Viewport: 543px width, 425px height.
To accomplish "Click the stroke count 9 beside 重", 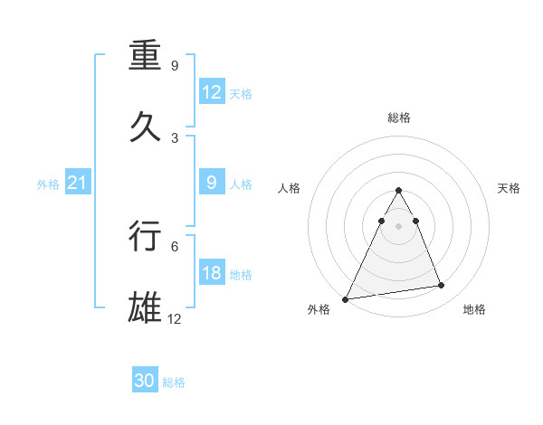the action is (x=175, y=66).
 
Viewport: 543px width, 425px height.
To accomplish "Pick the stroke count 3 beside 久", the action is (x=175, y=137).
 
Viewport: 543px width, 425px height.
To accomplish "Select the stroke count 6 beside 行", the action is (x=175, y=245).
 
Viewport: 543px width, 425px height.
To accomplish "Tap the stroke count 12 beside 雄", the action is (x=175, y=317).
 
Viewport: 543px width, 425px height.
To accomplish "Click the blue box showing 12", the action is (x=212, y=92).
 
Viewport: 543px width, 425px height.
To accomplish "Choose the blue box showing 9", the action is (x=212, y=183).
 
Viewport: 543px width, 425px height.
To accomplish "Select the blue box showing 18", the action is (x=212, y=273).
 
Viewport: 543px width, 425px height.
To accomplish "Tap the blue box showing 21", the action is (x=77, y=184).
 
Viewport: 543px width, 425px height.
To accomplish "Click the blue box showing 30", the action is (x=145, y=381).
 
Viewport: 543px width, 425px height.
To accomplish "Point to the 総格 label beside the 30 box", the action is (x=174, y=382).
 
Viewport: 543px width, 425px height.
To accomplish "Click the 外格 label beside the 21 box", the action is (x=48, y=184).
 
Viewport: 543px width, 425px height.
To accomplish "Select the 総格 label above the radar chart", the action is (x=399, y=118).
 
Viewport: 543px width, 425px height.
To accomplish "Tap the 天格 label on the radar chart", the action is (x=510, y=188).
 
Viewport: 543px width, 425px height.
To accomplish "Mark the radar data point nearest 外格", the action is (x=346, y=298).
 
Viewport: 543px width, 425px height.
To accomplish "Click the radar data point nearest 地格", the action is (x=442, y=286).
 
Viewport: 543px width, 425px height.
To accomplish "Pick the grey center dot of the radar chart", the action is (x=399, y=226).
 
